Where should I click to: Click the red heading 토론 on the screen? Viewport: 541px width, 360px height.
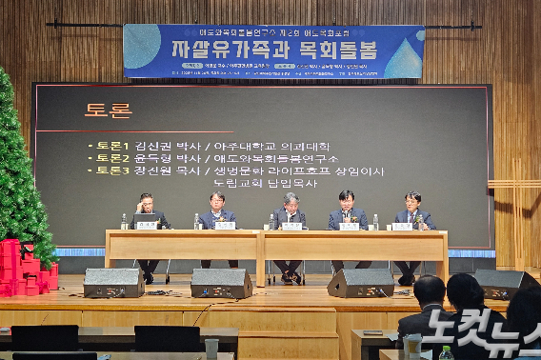tap(108, 110)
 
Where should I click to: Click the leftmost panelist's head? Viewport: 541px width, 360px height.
tap(146, 202)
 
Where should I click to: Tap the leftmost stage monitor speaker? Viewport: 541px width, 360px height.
tap(114, 282)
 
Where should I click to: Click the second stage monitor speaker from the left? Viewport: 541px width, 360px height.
tap(222, 283)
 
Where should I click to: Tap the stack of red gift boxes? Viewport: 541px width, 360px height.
tap(27, 269)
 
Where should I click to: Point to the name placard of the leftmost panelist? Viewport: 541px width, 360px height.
tap(146, 226)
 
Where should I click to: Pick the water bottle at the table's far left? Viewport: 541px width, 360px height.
tap(124, 222)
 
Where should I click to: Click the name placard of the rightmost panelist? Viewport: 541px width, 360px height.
tap(403, 226)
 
